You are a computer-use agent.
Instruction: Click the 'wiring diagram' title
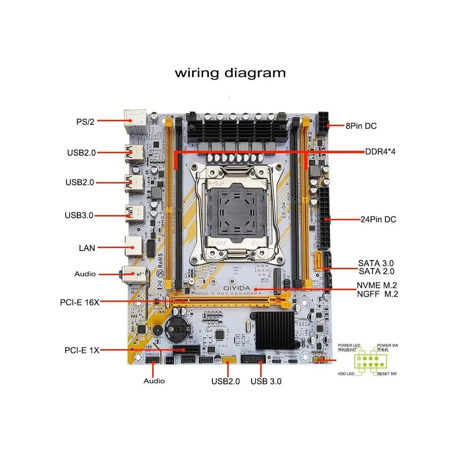tap(230, 73)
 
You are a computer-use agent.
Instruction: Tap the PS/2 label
tap(85, 122)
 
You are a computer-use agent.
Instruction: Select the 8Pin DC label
tap(361, 126)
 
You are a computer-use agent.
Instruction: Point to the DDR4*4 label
tap(380, 151)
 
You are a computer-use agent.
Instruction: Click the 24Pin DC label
tap(378, 219)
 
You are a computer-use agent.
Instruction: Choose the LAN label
tap(87, 248)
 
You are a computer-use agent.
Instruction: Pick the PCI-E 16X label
tap(80, 302)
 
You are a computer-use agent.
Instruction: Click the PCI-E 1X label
tap(82, 350)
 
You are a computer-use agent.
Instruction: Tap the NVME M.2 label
tap(377, 285)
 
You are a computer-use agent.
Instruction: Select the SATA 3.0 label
tap(376, 263)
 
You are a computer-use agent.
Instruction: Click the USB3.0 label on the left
tap(79, 215)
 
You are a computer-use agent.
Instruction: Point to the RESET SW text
tap(387, 374)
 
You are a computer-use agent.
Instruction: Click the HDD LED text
tap(346, 374)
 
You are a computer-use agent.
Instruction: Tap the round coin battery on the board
tap(177, 329)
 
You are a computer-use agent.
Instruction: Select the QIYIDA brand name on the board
tap(237, 288)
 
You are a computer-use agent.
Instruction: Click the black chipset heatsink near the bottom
tap(276, 330)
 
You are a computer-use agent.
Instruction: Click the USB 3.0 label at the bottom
tap(266, 381)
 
